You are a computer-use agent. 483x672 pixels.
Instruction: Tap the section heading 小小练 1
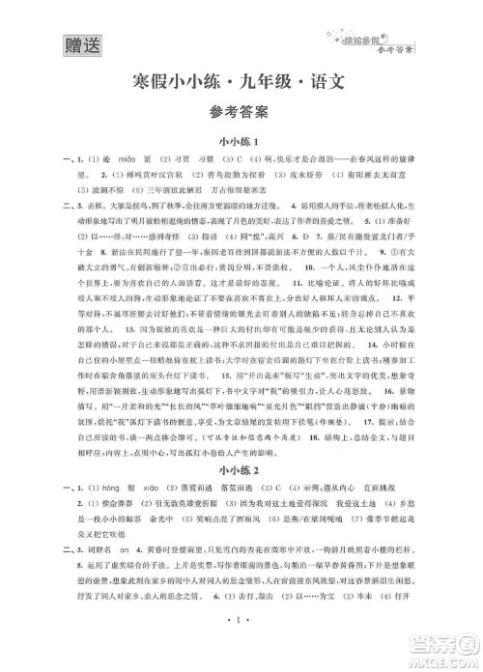pos(241,142)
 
